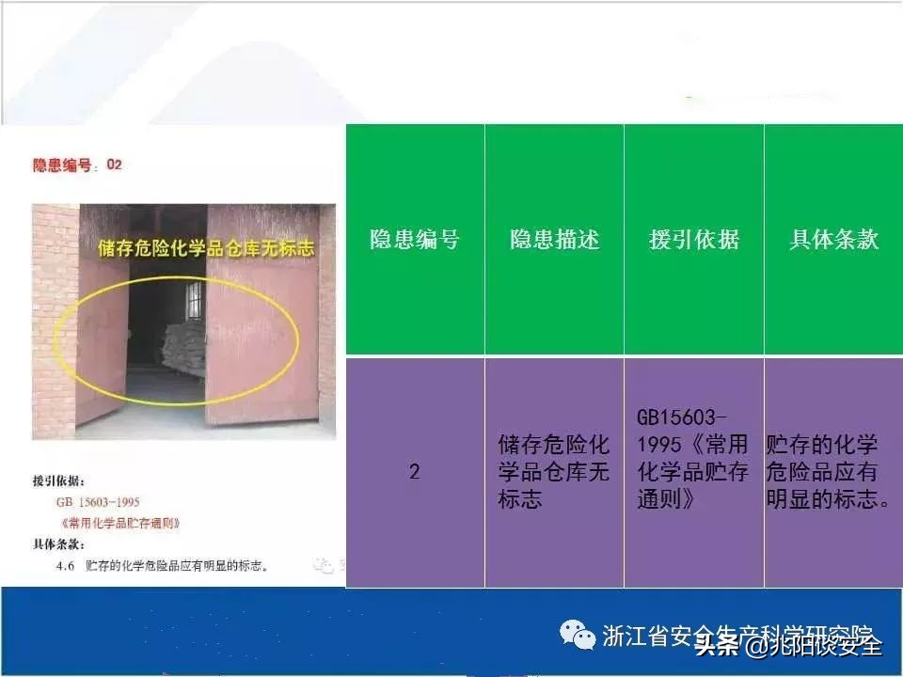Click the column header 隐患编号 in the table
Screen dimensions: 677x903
[414, 240]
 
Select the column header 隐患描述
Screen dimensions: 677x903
[554, 240]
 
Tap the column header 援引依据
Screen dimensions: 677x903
[693, 240]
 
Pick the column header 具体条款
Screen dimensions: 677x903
[833, 240]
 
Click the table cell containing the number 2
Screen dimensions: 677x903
[414, 471]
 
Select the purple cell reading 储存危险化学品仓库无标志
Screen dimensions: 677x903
[554, 471]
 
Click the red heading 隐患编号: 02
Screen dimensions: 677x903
[78, 165]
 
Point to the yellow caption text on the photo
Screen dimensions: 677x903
[205, 248]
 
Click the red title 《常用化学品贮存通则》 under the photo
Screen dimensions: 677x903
[119, 523]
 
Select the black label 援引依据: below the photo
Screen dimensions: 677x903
[58, 481]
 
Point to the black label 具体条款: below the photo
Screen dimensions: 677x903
[58, 544]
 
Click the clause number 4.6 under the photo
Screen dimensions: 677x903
[65, 566]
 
